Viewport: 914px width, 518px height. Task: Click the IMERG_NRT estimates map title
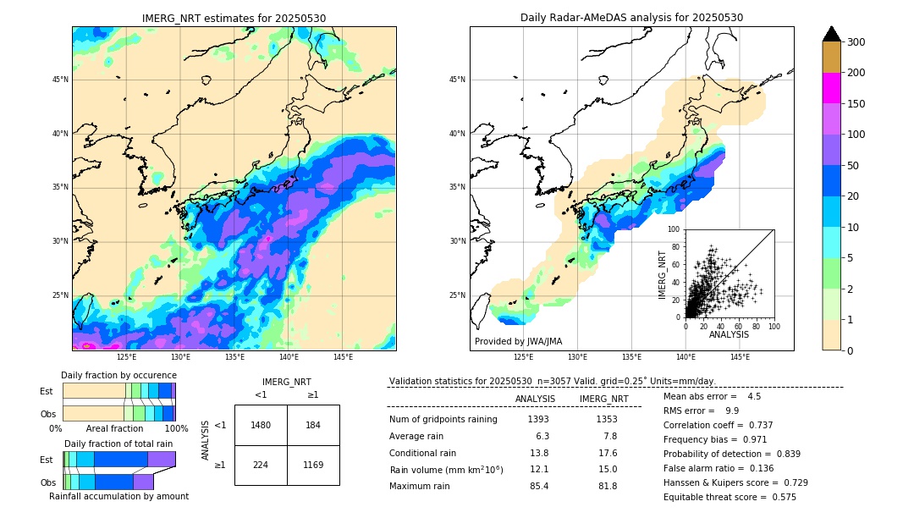pos(234,18)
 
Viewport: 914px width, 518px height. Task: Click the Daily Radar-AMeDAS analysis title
pos(631,18)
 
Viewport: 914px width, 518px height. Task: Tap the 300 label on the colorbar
pos(856,41)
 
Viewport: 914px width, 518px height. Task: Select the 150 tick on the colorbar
pos(856,104)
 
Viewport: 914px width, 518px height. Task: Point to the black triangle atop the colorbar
pos(832,34)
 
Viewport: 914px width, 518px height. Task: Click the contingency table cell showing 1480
pos(261,425)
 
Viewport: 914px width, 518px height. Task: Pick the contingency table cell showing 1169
pos(313,465)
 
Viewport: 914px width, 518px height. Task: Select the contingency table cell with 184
pos(313,425)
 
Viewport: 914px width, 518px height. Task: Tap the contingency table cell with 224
pos(261,465)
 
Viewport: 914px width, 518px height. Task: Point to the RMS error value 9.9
pos(733,411)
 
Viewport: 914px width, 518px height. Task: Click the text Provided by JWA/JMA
pos(518,341)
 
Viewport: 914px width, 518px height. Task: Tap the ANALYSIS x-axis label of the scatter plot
pos(729,334)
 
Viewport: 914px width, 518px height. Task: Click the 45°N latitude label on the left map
pos(60,80)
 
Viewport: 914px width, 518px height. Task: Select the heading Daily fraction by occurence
pos(118,375)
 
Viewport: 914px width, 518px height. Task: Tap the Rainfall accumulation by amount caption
pos(118,496)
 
